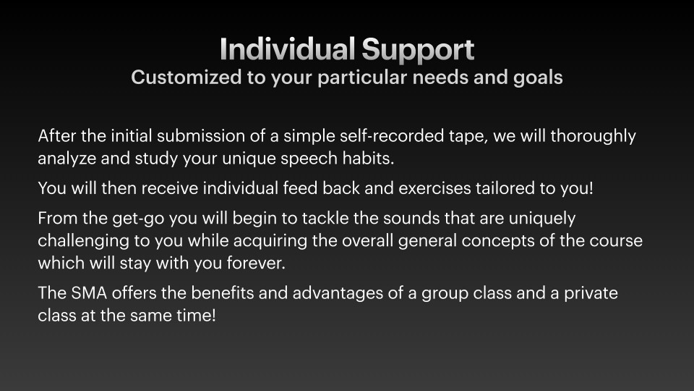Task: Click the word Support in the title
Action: [x=419, y=50]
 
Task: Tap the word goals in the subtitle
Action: [x=538, y=78]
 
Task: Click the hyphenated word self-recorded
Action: [x=391, y=135]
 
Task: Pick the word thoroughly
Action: [x=593, y=137]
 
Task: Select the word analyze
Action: [x=67, y=159]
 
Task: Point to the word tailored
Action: [x=505, y=188]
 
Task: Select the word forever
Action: [x=256, y=264]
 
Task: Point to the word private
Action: [x=591, y=294]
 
